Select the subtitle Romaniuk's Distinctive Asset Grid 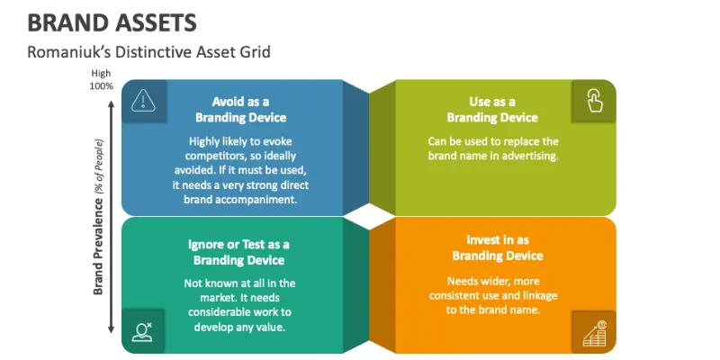(x=148, y=51)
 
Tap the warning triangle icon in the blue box (x=142, y=100)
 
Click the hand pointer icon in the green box (x=594, y=101)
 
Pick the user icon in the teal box (x=142, y=331)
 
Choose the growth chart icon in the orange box (x=594, y=332)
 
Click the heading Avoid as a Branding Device (x=240, y=110)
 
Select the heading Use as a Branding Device (x=492, y=110)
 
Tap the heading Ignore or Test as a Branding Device (x=239, y=252)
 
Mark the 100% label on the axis (x=101, y=86)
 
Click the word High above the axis (x=101, y=74)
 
